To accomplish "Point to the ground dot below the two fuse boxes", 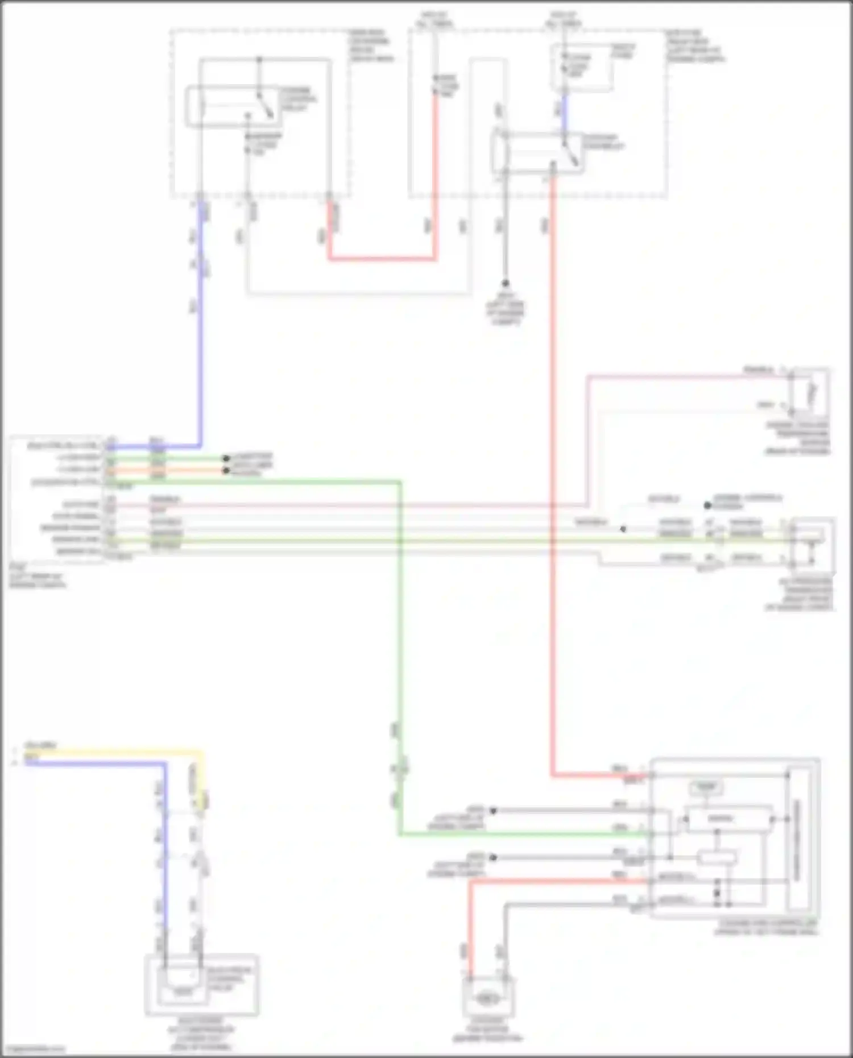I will pos(505,283).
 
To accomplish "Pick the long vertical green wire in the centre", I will pos(400,654).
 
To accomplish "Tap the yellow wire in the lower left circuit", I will pos(114,752).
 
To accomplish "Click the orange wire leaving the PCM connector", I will pos(188,471).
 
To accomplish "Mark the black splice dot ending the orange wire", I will pos(226,471).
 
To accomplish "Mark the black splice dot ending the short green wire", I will pos(226,458).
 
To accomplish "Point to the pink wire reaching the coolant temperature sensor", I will pos(682,376).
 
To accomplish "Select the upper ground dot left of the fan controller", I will pos(493,811).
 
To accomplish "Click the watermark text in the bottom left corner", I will pos(33,1049).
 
